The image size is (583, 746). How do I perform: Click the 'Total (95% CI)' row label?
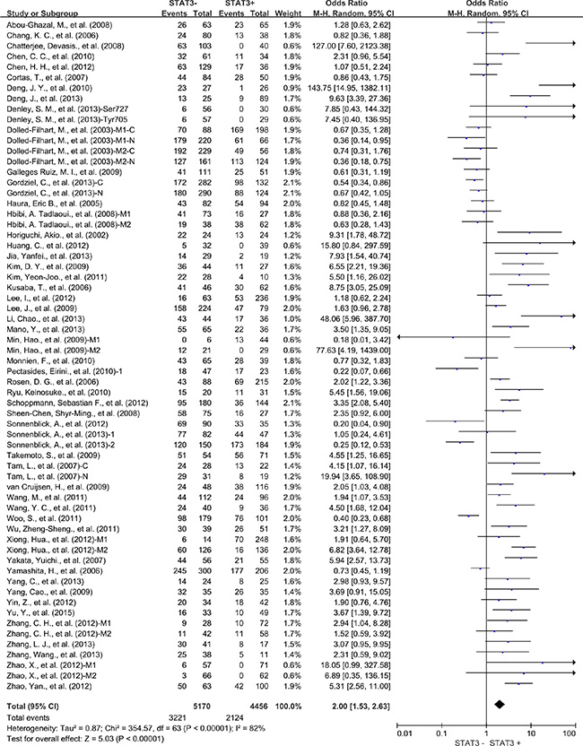31,692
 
